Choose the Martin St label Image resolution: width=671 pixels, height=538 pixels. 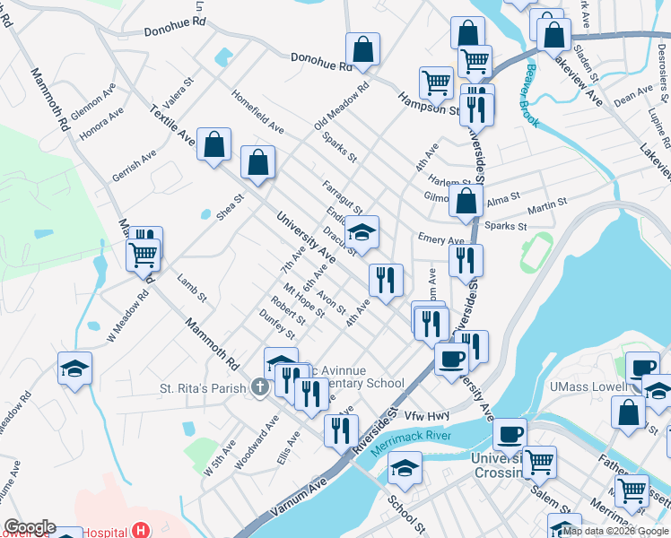pyautogui.click(x=547, y=208)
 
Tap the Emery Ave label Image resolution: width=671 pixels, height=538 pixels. pyautogui.click(x=440, y=239)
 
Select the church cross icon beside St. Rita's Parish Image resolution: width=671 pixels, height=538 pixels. pyautogui.click(x=259, y=388)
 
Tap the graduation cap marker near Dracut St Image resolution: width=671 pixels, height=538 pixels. pyautogui.click(x=362, y=232)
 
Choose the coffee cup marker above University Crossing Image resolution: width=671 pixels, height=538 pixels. pyautogui.click(x=510, y=434)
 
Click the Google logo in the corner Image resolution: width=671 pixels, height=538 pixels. pyautogui.click(x=30, y=527)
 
